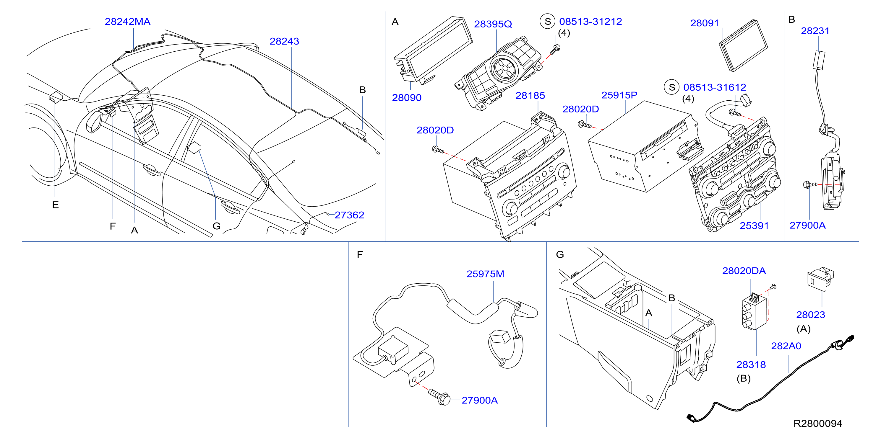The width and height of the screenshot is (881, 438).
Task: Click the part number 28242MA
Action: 128,22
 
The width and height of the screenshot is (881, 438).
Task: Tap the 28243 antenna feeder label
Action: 284,41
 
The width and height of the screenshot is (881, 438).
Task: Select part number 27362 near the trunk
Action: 349,215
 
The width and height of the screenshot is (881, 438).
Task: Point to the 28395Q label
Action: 493,24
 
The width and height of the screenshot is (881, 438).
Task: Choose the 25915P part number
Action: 619,95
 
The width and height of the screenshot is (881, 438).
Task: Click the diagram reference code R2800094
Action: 818,424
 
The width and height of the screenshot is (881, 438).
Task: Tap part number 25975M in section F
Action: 485,274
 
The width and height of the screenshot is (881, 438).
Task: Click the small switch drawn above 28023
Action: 821,279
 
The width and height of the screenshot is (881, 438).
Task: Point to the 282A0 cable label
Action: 786,346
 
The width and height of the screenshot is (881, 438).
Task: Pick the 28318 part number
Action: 751,365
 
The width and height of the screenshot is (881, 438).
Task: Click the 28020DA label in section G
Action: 744,271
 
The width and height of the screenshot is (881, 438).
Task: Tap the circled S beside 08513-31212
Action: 548,22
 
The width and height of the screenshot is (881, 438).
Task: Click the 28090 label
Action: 407,98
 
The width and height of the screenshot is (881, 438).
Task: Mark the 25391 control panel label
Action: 754,226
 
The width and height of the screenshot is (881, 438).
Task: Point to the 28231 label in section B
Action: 815,31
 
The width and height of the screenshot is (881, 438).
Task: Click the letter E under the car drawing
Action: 55,205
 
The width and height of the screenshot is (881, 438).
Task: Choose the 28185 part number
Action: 530,96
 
